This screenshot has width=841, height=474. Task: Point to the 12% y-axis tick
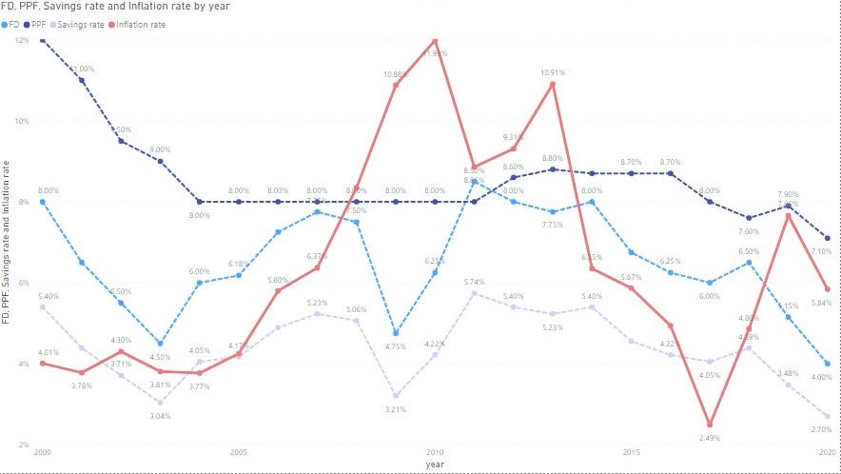coord(21,40)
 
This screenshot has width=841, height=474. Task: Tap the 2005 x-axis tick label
coord(238,452)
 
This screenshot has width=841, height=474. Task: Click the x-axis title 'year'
coord(435,464)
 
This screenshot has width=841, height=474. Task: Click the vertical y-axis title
coord(8,243)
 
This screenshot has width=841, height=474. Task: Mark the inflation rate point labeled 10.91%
coord(553,84)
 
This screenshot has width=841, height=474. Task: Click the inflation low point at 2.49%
coord(710,425)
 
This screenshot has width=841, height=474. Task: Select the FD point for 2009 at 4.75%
coord(396,333)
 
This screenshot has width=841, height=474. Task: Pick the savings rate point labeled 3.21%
coord(396,395)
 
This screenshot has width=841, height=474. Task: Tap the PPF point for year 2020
coord(828,238)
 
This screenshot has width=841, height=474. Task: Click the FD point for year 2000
coord(42,202)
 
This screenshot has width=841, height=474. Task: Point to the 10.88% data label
coord(397,74)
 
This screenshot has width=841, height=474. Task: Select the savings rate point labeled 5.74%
coord(474,293)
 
